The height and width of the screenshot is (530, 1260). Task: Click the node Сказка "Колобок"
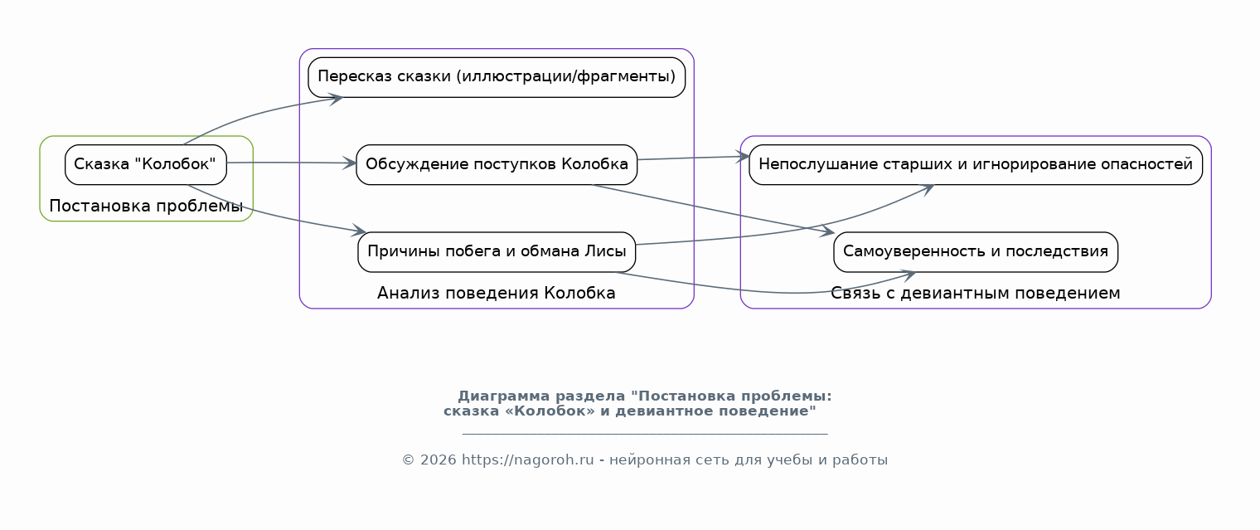pyautogui.click(x=146, y=164)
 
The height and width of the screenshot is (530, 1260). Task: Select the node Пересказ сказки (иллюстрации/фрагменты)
pyautogui.click(x=497, y=77)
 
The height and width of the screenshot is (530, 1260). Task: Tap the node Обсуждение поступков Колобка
pyautogui.click(x=497, y=164)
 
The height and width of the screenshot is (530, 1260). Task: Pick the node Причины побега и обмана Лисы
pyautogui.click(x=497, y=251)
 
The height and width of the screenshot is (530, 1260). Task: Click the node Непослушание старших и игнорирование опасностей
pyautogui.click(x=976, y=164)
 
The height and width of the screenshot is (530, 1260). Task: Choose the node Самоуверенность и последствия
pyautogui.click(x=976, y=251)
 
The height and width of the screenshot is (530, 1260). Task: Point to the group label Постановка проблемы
pyautogui.click(x=146, y=206)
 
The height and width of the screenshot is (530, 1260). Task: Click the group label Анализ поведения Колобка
pyautogui.click(x=496, y=293)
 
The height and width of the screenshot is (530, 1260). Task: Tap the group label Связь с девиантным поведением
pyautogui.click(x=976, y=293)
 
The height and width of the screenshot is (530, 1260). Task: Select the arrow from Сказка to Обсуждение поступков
pyautogui.click(x=292, y=163)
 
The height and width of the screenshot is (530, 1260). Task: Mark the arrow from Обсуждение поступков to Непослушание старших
pyautogui.click(x=693, y=158)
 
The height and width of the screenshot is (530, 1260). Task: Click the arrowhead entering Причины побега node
pyautogui.click(x=360, y=230)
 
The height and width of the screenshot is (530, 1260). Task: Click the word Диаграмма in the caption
pyautogui.click(x=503, y=396)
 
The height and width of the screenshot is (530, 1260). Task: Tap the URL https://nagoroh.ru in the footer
pyautogui.click(x=527, y=460)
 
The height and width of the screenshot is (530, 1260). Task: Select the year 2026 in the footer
pyautogui.click(x=439, y=460)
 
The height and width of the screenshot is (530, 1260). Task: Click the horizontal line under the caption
pyautogui.click(x=645, y=434)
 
